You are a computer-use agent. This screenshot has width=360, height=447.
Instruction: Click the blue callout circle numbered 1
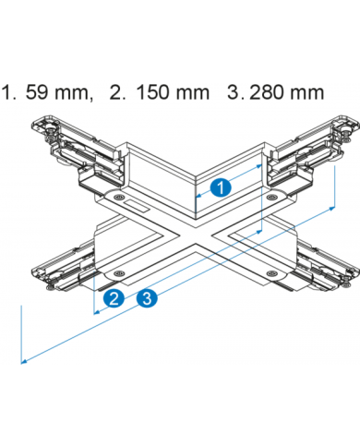[x=221, y=187]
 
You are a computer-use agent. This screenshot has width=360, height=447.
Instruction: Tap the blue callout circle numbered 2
[x=114, y=298]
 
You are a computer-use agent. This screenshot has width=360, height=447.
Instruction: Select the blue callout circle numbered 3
[x=147, y=297]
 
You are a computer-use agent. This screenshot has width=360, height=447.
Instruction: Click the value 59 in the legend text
[x=37, y=92]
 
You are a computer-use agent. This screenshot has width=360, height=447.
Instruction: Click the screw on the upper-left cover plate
[x=118, y=198]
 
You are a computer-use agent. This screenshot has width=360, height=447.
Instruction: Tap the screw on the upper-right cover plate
[x=271, y=196]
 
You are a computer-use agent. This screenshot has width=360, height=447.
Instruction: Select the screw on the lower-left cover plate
[x=119, y=272]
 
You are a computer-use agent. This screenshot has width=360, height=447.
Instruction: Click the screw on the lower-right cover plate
[x=271, y=272]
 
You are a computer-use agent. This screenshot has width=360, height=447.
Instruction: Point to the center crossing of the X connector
[x=195, y=236]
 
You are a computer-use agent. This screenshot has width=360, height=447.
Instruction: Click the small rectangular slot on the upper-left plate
[x=137, y=206]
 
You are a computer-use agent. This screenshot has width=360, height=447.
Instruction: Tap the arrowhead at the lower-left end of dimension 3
[x=24, y=361]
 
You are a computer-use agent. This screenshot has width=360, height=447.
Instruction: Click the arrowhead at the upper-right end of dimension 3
[x=331, y=209]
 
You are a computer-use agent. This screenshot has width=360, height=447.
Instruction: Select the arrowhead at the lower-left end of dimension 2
[x=97, y=312]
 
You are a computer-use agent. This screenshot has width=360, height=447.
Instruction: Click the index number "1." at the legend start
[x=8, y=92]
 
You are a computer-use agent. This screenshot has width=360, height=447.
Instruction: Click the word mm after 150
[x=193, y=94]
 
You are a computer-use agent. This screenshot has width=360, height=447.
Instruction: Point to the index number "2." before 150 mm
[x=118, y=92]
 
